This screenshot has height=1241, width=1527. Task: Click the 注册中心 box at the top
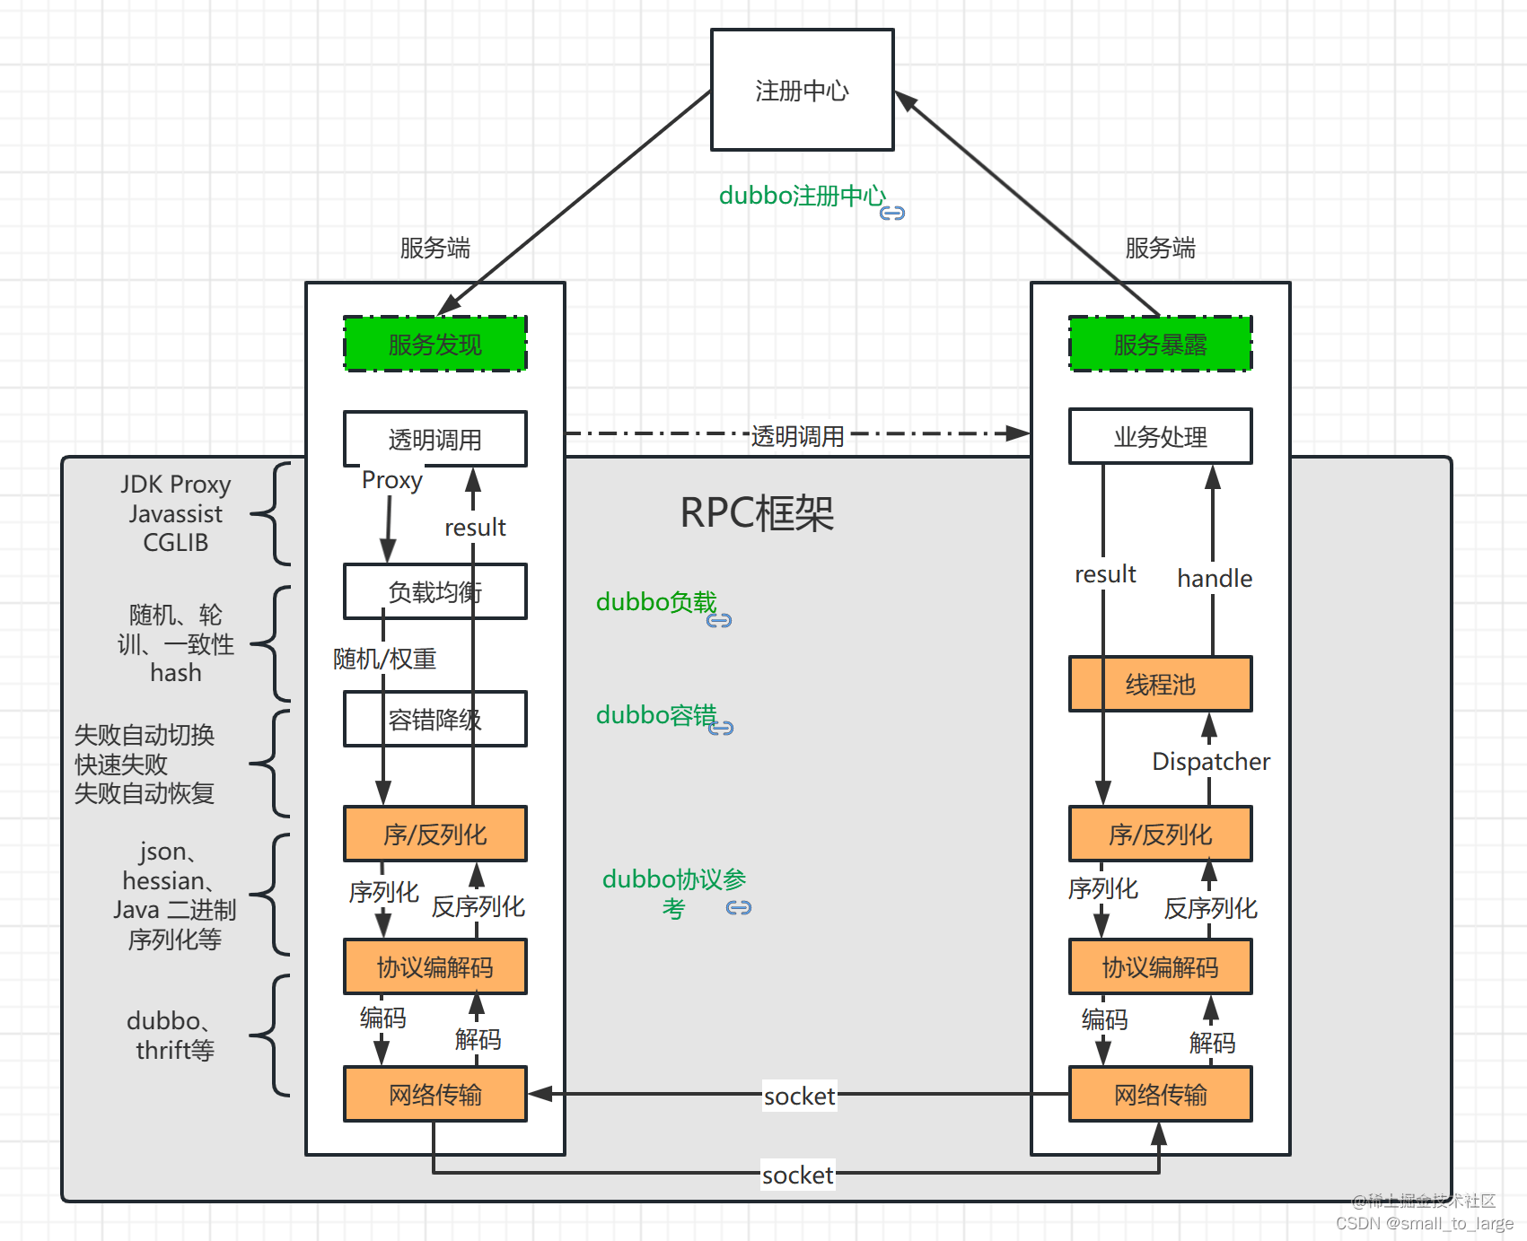coord(802,90)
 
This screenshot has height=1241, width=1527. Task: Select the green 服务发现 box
coord(435,344)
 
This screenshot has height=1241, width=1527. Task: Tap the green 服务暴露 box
coord(1160,344)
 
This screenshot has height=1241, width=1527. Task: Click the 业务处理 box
coord(1160,437)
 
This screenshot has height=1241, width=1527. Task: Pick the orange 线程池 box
coord(1160,685)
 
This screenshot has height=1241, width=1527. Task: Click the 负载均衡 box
coord(435,592)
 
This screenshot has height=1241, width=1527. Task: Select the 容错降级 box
coord(435,719)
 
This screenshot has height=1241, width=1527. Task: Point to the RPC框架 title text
coord(757,513)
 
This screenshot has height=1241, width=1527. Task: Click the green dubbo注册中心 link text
coord(802,196)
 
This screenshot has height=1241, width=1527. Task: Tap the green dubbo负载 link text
coord(656,602)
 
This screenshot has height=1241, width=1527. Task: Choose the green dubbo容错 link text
coord(656,715)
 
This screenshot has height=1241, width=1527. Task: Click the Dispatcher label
coord(1210,762)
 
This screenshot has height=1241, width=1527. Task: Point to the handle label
coord(1214,579)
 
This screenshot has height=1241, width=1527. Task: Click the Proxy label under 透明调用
coord(391,480)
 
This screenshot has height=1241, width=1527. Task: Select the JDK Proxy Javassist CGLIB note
coord(176,513)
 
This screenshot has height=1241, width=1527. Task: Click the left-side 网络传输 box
coord(435,1095)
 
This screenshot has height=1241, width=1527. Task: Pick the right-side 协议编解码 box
coord(1160,967)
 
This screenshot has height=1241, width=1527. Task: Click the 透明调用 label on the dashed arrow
coord(797,436)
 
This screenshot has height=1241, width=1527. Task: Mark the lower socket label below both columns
coord(797,1175)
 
